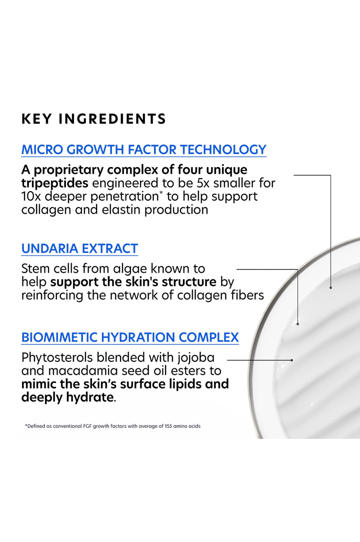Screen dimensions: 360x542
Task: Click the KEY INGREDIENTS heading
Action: click(93, 119)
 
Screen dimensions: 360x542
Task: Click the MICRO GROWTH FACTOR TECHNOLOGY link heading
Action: click(143, 150)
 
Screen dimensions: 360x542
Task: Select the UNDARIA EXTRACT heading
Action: click(80, 249)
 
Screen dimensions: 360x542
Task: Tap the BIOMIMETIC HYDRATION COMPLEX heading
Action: click(130, 337)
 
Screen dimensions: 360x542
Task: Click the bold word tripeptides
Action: click(54, 183)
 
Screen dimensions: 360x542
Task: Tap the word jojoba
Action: click(196, 358)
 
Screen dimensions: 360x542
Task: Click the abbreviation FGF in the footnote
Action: click(87, 426)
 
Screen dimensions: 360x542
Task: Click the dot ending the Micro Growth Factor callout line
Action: click(330, 287)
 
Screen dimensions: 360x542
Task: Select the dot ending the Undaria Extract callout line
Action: click(298, 324)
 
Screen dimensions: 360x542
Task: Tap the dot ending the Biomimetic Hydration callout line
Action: click(292, 360)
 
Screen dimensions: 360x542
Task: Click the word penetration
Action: click(124, 197)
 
